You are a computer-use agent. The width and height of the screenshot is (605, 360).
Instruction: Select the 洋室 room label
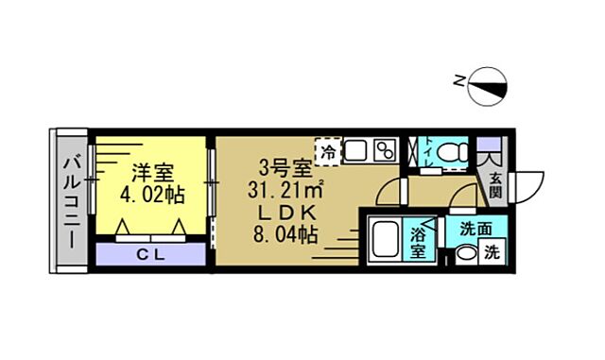pos(151,173)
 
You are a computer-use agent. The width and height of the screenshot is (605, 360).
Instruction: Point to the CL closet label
pos(151,253)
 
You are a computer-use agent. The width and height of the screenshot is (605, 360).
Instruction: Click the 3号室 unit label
pos(286,170)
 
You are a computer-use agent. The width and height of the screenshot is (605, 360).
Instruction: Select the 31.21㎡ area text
pos(286,191)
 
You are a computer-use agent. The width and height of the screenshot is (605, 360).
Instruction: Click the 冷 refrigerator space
pos(328,151)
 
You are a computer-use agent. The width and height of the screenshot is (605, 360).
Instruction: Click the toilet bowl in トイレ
pos(455,151)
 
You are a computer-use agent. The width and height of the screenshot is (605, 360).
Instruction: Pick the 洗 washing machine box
pos(491,252)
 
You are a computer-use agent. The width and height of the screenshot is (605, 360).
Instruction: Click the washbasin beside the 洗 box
pos(464,254)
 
